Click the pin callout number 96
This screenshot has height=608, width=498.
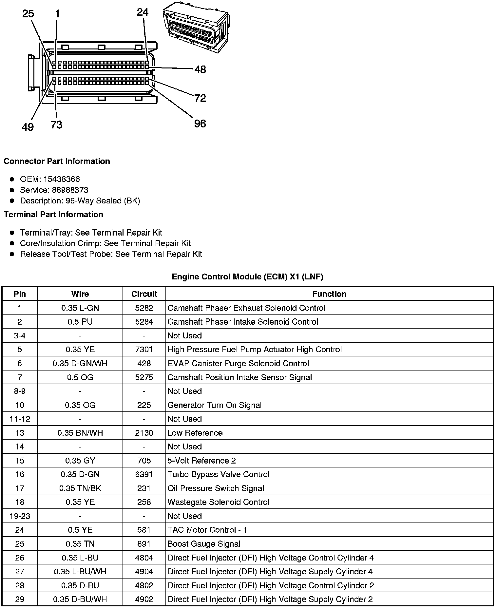point(200,123)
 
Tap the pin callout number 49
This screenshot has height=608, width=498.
point(28,126)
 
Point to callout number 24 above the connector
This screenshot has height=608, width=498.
point(143,12)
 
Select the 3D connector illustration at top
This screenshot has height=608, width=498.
point(196,27)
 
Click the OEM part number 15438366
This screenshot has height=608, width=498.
point(62,179)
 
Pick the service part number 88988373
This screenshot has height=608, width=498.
point(70,190)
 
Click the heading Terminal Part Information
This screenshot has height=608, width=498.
point(53,215)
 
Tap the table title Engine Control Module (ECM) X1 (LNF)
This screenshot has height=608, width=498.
point(247,277)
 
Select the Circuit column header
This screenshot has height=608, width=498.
point(144,294)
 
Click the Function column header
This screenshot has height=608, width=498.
point(329,294)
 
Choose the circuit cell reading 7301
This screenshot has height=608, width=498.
point(144,350)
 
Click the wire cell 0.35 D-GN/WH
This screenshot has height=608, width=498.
point(80,363)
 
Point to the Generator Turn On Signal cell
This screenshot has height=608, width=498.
point(214,405)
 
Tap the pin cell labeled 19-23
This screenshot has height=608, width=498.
point(20,516)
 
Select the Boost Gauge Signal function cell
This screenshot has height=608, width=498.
point(204,544)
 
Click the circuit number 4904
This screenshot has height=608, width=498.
point(144,572)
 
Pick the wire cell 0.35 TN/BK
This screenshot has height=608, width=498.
point(80,488)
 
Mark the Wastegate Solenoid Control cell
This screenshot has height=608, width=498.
point(218,502)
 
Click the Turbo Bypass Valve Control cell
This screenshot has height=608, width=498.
point(218,474)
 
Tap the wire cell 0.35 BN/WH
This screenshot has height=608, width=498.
point(80,433)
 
